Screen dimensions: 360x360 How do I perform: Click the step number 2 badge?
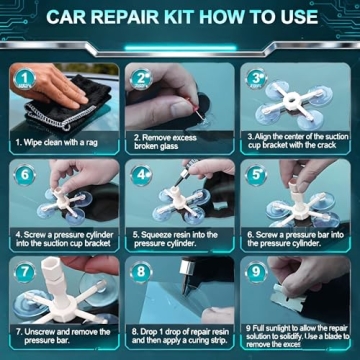coord(142,77)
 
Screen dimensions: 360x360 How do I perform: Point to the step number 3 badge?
coord(257,77)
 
